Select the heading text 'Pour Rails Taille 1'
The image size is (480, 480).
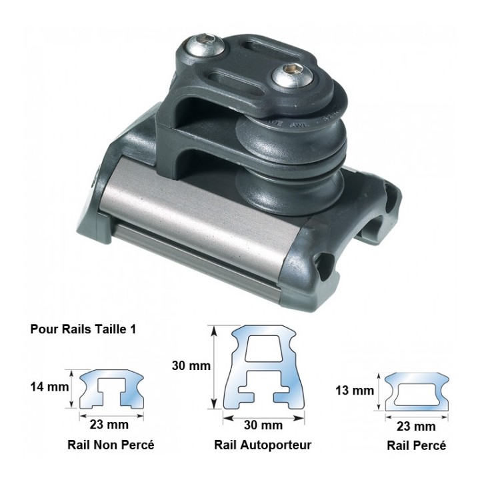pos(83,329)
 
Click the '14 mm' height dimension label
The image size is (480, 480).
pos(49,387)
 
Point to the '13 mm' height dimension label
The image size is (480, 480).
pos(355,391)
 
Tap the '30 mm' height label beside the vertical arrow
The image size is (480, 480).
pos(191,366)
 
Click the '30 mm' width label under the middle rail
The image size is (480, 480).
pos(263,425)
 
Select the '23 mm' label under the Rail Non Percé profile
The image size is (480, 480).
pos(109,425)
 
